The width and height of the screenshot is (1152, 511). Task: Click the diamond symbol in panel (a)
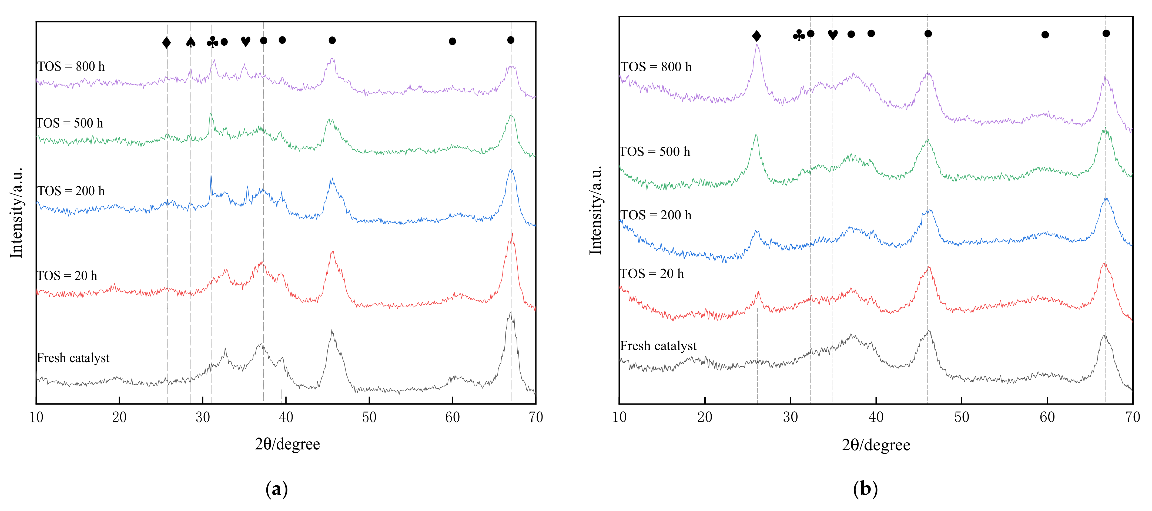coord(166,42)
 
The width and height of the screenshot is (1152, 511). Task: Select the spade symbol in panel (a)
coord(190,42)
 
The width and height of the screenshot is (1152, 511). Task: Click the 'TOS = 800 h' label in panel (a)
coord(71,67)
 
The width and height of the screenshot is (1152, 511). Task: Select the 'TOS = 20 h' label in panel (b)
coord(652,274)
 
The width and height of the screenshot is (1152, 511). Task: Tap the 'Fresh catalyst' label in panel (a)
coord(73,358)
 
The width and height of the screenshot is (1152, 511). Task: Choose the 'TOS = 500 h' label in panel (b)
coord(655,152)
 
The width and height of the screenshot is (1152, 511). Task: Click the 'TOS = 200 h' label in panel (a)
coord(71,191)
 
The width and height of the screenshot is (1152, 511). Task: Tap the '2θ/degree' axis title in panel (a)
coord(287,444)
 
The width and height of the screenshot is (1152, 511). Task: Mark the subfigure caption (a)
coord(276,489)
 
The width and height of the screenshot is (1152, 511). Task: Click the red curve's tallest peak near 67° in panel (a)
coord(512,234)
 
